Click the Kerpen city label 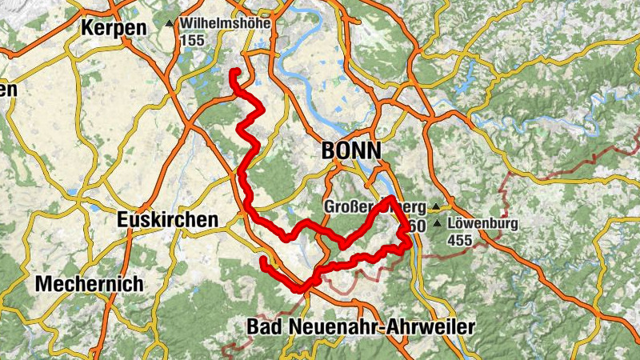[114, 28]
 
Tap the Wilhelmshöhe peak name [228, 24]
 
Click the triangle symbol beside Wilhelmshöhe [169, 25]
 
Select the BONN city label [351, 150]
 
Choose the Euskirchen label [167, 219]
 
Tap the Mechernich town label [90, 284]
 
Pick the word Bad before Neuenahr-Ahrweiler [263, 326]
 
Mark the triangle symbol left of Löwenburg [437, 223]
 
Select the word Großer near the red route [349, 206]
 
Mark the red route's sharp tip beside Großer [390, 198]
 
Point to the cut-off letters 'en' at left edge [8, 90]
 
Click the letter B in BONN [328, 150]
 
